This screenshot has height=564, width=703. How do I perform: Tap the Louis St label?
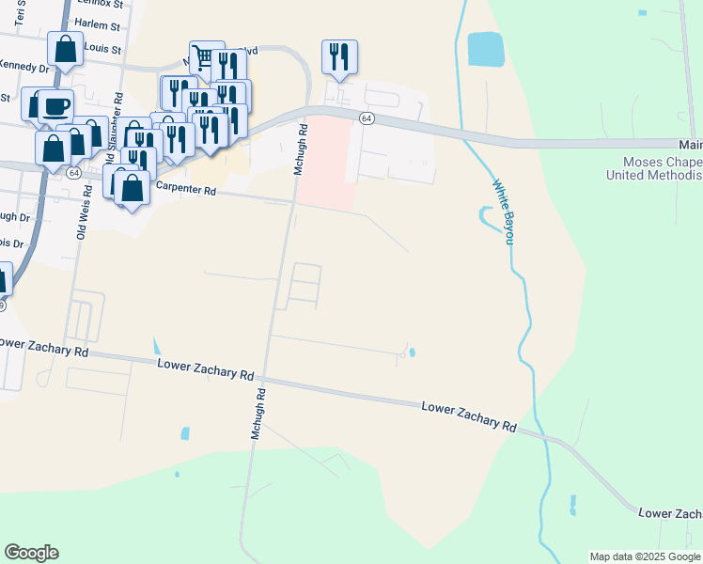[102, 47]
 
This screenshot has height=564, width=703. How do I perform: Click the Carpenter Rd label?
[185, 189]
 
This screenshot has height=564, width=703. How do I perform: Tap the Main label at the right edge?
[691, 145]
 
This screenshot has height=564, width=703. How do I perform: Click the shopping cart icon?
[204, 56]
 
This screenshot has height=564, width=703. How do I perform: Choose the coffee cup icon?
[55, 104]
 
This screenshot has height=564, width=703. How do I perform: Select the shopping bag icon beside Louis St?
[65, 50]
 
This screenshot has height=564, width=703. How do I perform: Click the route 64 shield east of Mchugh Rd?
[367, 117]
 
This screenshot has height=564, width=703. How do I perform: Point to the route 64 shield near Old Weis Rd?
[73, 173]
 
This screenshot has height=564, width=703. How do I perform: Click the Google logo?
[31, 553]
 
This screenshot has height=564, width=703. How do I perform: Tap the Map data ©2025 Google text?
[645, 556]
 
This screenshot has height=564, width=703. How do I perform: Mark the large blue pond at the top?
[486, 48]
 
